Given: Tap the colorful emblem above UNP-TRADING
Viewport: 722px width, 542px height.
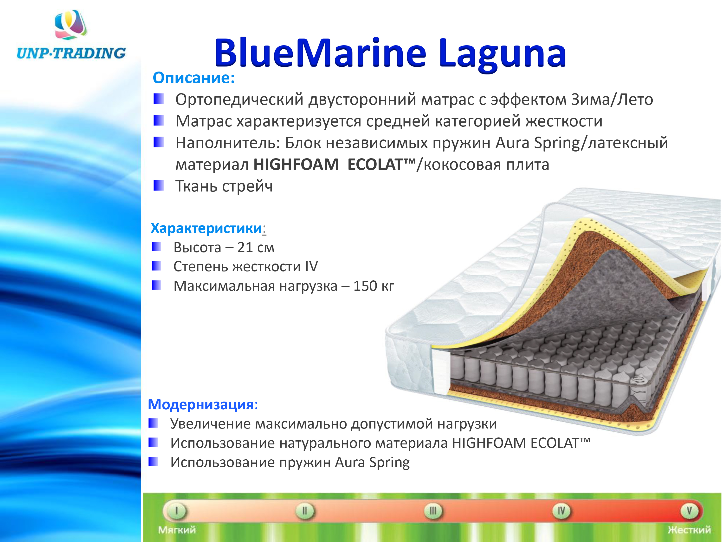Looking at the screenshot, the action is (x=71, y=25).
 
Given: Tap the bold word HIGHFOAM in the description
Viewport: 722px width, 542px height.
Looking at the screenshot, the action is (x=296, y=164).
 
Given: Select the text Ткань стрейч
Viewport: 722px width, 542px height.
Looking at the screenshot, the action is (x=224, y=186).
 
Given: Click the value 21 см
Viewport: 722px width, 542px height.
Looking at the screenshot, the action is (x=256, y=247).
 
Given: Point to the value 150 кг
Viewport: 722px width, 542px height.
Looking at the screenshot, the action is (x=374, y=286).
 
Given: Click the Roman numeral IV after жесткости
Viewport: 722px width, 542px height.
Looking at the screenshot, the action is (x=311, y=267).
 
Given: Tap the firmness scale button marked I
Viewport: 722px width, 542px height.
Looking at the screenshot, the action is (x=177, y=511).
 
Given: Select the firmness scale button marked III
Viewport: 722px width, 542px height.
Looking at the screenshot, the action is (x=433, y=511).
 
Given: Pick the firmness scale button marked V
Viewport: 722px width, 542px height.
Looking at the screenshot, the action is (x=689, y=511).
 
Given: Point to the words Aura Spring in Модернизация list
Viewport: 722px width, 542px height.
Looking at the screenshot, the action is (x=372, y=463).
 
